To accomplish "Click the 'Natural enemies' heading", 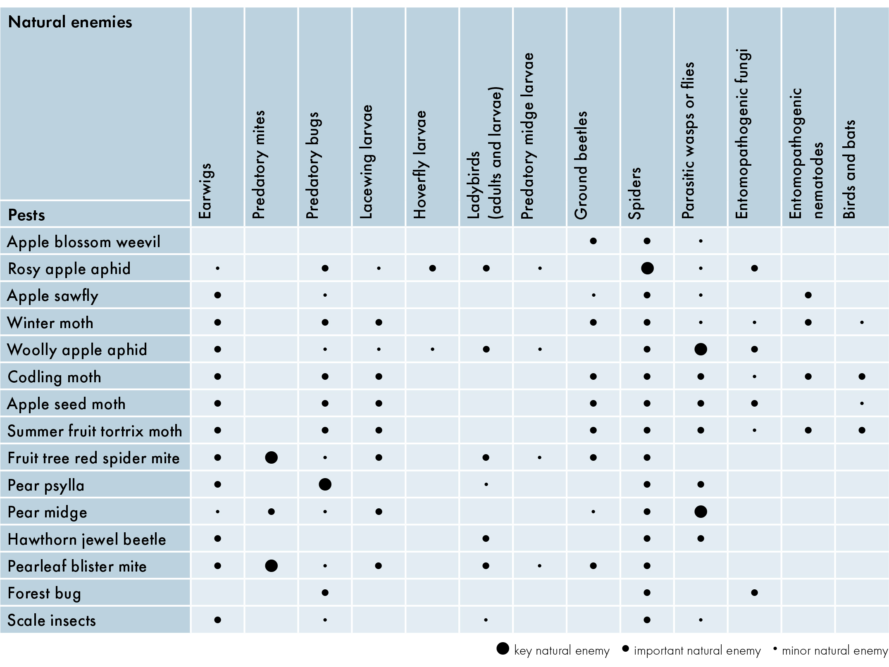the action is click(70, 22).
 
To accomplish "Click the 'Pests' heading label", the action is click(26, 215).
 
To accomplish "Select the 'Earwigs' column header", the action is click(205, 191).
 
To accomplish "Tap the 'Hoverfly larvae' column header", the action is click(420, 164).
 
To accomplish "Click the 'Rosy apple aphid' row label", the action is click(69, 269).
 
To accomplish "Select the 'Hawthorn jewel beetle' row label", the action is click(87, 540).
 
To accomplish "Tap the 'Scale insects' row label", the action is click(52, 620).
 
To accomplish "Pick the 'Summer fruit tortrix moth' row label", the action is click(95, 431).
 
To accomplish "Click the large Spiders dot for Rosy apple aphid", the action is click(647, 268).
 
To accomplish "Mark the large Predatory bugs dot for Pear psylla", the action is click(325, 484).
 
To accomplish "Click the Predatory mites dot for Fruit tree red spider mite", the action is click(271, 457).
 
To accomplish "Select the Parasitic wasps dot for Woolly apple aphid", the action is click(701, 349).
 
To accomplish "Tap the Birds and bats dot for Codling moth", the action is click(862, 376).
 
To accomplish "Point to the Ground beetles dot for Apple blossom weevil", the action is click(593, 241).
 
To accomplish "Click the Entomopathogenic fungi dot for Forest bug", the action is click(754, 593).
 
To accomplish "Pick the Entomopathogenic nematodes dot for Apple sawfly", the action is click(808, 295).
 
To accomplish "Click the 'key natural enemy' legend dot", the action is click(503, 648).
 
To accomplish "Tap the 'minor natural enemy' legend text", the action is click(835, 651).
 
